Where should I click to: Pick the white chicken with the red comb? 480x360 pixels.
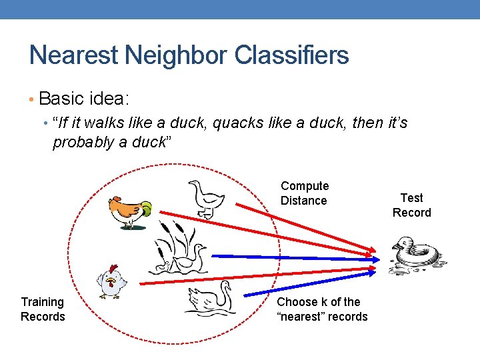click(111, 281)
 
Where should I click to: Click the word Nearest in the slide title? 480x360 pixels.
click(73, 55)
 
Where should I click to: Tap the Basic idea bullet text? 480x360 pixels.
click(84, 99)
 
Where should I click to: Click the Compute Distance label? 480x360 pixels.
click(304, 193)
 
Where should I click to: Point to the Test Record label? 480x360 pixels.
click(411, 205)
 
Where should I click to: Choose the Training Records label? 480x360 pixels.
click(43, 309)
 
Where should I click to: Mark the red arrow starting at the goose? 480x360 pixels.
click(293, 219)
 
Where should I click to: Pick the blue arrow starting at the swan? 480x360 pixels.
click(307, 281)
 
